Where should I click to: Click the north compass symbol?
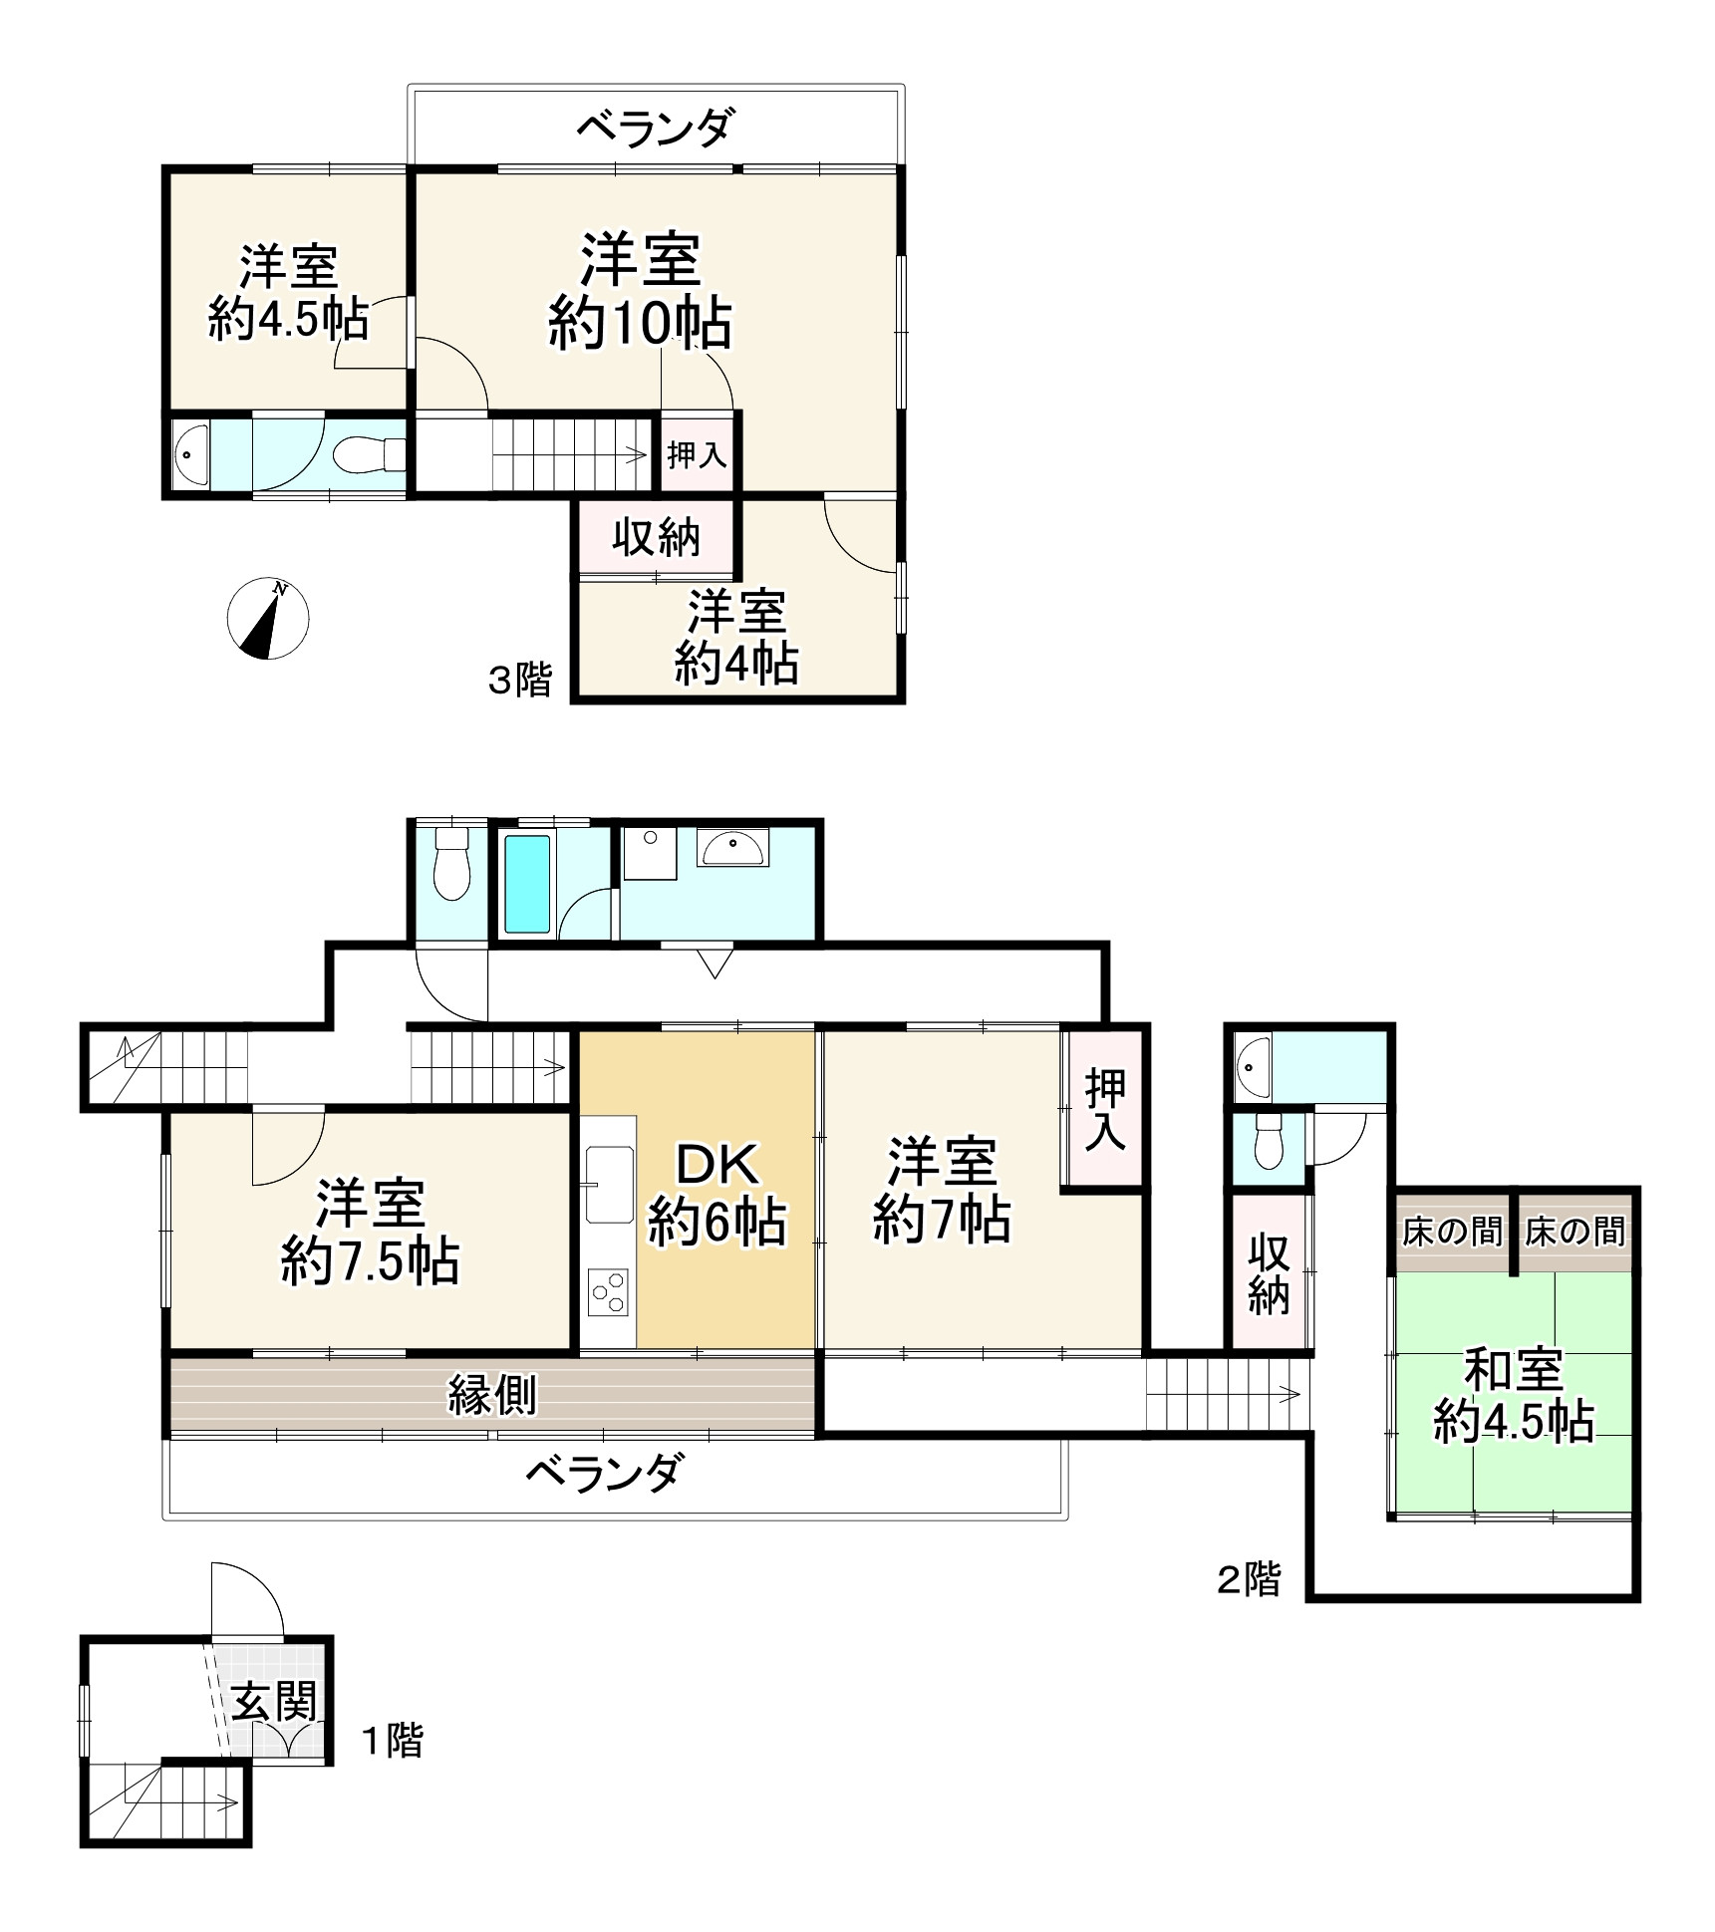click(268, 618)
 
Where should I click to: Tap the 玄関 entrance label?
click(275, 1701)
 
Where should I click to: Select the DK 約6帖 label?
click(716, 1193)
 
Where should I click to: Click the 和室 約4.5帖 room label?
click(1513, 1396)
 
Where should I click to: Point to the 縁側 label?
click(492, 1394)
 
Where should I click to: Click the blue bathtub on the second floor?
click(527, 884)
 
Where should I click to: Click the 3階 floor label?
click(519, 681)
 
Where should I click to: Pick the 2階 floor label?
click(1248, 1579)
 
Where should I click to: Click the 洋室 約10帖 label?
click(641, 291)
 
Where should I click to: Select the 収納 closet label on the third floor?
click(657, 538)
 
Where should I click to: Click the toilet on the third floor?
click(363, 456)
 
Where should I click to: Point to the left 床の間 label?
click(1451, 1233)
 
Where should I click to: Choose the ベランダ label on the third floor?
click(657, 129)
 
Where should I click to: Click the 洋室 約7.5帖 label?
click(370, 1232)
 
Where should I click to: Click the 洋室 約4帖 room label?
click(736, 638)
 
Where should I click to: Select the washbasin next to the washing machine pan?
click(732, 850)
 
